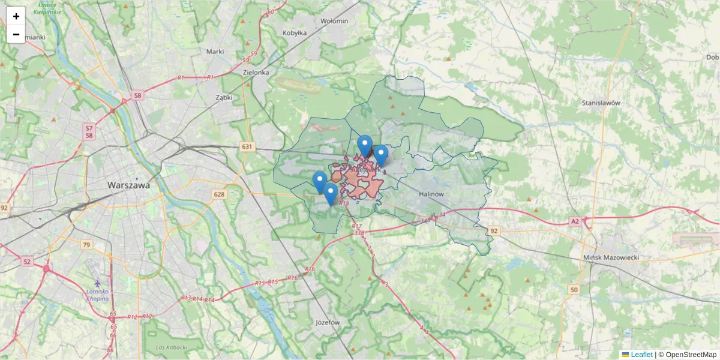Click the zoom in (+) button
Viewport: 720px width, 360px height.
click(16, 16)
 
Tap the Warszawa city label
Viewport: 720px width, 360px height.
click(128, 185)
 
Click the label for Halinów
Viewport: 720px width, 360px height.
click(431, 194)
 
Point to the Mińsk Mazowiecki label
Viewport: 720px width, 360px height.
click(612, 257)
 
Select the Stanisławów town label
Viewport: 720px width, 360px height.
click(600, 103)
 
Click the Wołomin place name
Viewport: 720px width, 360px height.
click(334, 21)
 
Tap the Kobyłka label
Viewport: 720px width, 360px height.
click(295, 34)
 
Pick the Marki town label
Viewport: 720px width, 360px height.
click(215, 52)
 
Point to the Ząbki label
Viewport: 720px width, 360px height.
click(224, 97)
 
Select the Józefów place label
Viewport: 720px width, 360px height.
click(328, 322)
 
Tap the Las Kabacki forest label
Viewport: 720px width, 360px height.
click(171, 347)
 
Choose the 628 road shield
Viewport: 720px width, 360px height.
click(219, 194)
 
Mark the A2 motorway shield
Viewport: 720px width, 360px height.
click(575, 221)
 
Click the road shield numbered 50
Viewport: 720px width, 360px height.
click(574, 290)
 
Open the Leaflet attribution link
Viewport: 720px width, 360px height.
click(641, 355)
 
